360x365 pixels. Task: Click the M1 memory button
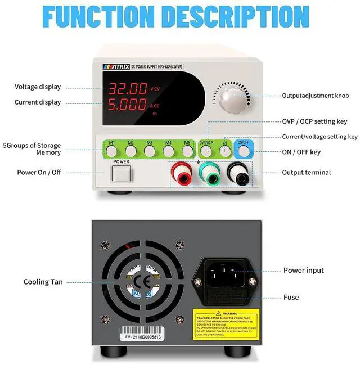coord(112,151)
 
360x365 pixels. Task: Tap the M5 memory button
coord(187,151)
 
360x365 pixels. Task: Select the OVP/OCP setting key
coord(206,151)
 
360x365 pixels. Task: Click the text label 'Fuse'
coord(291,297)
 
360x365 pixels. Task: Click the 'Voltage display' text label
coord(38,87)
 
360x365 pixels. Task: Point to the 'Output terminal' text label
coord(307,173)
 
